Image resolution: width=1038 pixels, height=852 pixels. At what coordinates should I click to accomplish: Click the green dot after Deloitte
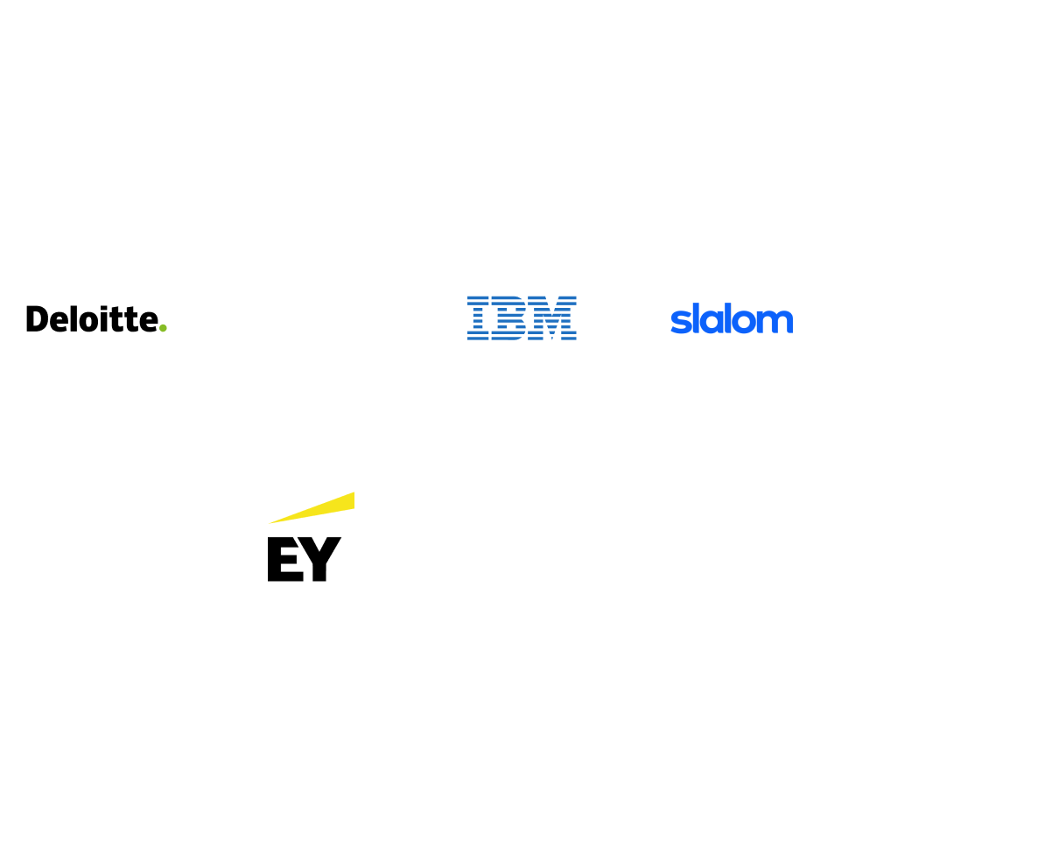163,328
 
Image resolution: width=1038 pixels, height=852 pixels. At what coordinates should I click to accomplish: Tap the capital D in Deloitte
36,319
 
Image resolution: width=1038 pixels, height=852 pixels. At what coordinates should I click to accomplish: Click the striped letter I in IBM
479,318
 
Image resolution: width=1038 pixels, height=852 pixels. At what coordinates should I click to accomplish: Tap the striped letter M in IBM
554,318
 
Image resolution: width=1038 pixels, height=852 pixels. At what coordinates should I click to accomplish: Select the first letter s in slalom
678,322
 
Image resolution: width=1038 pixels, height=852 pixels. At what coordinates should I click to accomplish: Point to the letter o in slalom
744,322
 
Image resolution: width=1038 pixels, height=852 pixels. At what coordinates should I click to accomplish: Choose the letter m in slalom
776,322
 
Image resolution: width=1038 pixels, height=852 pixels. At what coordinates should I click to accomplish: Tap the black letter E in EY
283,560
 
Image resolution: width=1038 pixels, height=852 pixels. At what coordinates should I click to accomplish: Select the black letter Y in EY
320,560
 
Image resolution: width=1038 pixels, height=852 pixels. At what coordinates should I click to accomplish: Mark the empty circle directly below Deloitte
97,535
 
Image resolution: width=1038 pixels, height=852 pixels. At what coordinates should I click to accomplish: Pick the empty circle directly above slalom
730,94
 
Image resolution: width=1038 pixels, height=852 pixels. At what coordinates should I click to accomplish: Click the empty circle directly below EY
311,754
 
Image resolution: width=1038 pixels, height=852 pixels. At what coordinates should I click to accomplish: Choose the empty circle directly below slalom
730,754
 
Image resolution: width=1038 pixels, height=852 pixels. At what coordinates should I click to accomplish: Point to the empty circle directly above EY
311,94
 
